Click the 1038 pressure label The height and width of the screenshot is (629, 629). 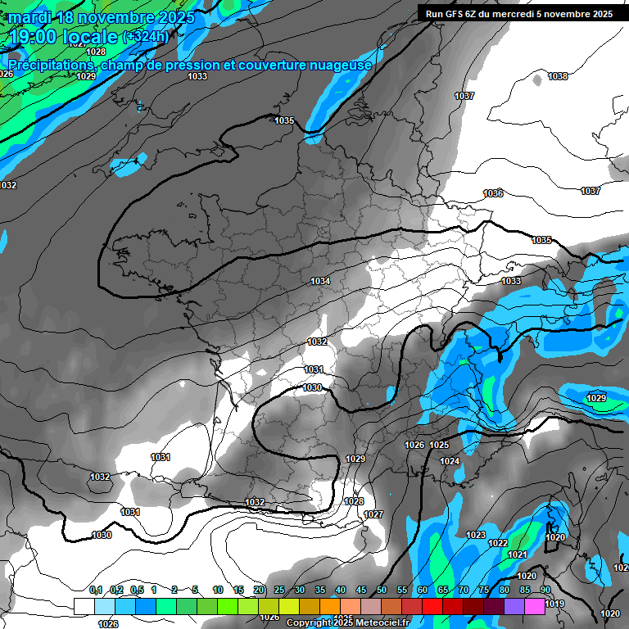point(558,76)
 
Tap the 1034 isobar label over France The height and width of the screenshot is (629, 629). point(320,281)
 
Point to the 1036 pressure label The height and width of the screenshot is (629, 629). point(493,193)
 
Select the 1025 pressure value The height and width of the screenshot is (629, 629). point(439,445)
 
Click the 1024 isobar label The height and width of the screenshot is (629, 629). point(450,461)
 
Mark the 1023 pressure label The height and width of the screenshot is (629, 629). point(476,535)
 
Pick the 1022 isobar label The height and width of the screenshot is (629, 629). point(498,543)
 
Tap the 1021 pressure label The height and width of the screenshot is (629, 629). point(517,554)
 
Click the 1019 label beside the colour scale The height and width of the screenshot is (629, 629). point(554,604)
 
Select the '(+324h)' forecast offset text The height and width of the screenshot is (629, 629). point(145,37)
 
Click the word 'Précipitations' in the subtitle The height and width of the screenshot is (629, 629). point(50,65)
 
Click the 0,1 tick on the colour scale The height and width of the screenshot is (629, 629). point(96,590)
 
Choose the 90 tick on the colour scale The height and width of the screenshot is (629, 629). point(545,590)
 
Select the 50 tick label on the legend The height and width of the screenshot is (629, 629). point(382,590)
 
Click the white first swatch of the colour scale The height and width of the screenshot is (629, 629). point(84,606)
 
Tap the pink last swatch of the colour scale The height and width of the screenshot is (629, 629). point(535,606)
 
